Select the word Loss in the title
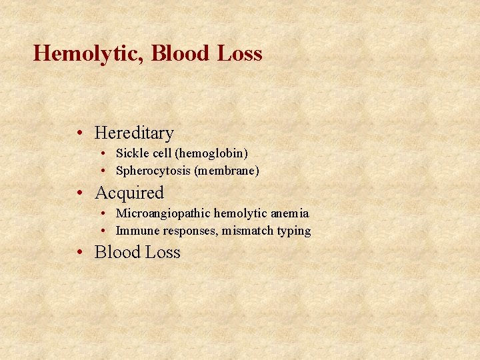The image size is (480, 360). click(239, 53)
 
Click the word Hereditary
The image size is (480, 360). click(134, 133)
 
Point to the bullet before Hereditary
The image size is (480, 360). click(79, 133)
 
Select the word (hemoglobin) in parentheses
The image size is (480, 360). click(211, 154)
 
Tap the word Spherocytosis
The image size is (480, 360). click(153, 171)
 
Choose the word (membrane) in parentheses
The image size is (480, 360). click(227, 171)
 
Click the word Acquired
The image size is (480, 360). click(129, 193)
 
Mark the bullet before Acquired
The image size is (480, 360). click(79, 193)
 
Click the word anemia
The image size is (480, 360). click(290, 213)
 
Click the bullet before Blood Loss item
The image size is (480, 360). click(79, 253)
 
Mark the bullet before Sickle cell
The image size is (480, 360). click(105, 154)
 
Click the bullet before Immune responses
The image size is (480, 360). click(105, 231)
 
